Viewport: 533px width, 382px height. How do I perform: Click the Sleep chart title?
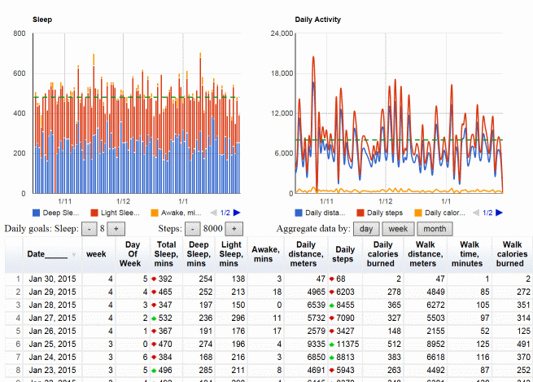point(42,19)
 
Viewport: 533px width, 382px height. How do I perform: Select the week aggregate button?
point(398,229)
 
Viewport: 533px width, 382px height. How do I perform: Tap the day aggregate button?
point(367,229)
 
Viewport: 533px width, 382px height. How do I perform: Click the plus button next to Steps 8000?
point(233,230)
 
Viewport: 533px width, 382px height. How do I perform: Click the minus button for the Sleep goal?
point(87,230)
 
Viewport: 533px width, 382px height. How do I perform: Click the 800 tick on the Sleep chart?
point(19,34)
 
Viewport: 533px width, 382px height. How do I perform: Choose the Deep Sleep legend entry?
point(62,212)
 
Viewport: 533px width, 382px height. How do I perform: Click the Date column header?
point(46,254)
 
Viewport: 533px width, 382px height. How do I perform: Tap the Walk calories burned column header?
point(509,253)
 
